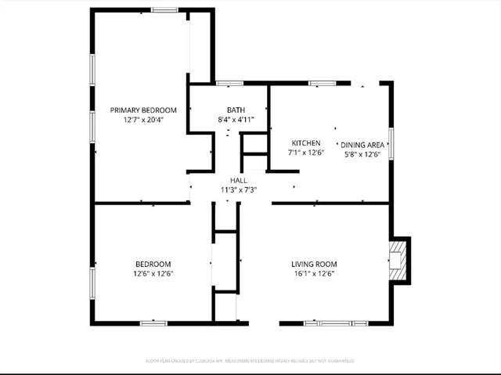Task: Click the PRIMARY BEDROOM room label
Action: pyautogui.click(x=143, y=110)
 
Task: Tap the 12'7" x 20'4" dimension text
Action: pyautogui.click(x=143, y=120)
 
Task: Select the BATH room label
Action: pyautogui.click(x=236, y=110)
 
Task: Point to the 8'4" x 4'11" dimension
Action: pyautogui.click(x=236, y=120)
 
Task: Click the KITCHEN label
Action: pyautogui.click(x=306, y=142)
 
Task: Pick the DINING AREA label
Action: pyautogui.click(x=362, y=145)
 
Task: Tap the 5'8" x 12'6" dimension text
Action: pyautogui.click(x=362, y=155)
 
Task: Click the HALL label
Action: pyautogui.click(x=239, y=180)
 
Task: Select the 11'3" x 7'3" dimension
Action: pyautogui.click(x=239, y=189)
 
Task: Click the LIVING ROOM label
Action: pyautogui.click(x=314, y=264)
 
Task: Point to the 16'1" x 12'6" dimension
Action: pyautogui.click(x=314, y=274)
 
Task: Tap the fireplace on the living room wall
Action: pyautogui.click(x=398, y=260)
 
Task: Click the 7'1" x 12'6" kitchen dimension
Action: pyautogui.click(x=306, y=153)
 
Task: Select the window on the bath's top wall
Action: pyautogui.click(x=229, y=82)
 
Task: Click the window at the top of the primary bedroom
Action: pyautogui.click(x=164, y=10)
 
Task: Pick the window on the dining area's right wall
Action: pyautogui.click(x=391, y=143)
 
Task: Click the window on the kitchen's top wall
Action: pyautogui.click(x=322, y=82)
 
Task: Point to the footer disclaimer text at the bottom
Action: pyautogui.click(x=250, y=361)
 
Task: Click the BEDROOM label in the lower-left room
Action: pyautogui.click(x=153, y=264)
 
